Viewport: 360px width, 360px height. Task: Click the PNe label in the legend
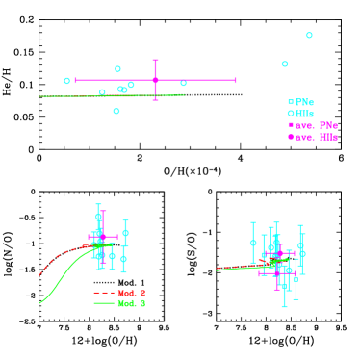click(304, 102)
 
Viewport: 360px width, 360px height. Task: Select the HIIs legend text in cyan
click(304, 114)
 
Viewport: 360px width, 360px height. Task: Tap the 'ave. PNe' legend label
click(316, 125)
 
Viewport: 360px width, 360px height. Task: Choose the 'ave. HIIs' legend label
click(316, 137)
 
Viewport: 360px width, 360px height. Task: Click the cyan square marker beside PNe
click(290, 102)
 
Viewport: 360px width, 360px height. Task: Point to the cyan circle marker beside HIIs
click(290, 114)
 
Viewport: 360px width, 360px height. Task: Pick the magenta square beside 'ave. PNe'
click(290, 125)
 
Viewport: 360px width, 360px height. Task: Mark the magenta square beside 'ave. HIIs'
click(290, 137)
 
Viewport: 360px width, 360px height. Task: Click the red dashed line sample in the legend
click(104, 293)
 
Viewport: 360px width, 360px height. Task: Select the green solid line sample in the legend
click(104, 303)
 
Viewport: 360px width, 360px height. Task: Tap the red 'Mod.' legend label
click(131, 293)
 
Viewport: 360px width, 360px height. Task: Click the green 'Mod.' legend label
click(131, 303)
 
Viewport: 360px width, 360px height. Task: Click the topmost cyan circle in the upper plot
click(309, 35)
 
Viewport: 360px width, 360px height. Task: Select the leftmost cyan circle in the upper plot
click(67, 81)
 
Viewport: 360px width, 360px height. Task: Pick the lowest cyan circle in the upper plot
click(116, 111)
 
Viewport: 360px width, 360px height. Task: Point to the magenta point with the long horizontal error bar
click(155, 80)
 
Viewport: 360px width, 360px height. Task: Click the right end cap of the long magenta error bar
click(235, 80)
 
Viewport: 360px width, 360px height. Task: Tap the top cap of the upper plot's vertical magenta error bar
click(155, 61)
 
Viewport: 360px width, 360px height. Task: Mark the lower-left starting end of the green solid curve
click(40, 303)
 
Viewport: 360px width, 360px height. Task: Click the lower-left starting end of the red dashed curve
click(40, 276)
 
